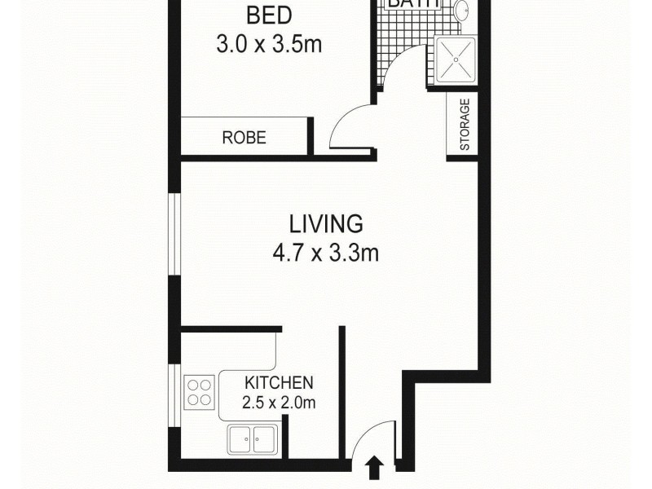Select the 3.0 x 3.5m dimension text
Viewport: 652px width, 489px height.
click(269, 43)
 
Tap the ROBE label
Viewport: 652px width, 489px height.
click(244, 138)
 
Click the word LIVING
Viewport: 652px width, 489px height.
click(325, 223)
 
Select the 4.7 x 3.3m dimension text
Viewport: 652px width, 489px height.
click(325, 253)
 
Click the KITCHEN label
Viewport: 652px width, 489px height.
click(279, 382)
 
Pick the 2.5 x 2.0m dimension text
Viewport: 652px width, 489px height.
click(279, 402)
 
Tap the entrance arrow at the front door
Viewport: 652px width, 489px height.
click(375, 467)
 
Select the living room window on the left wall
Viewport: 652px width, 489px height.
click(173, 233)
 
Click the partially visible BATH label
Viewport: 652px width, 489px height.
click(412, 4)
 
